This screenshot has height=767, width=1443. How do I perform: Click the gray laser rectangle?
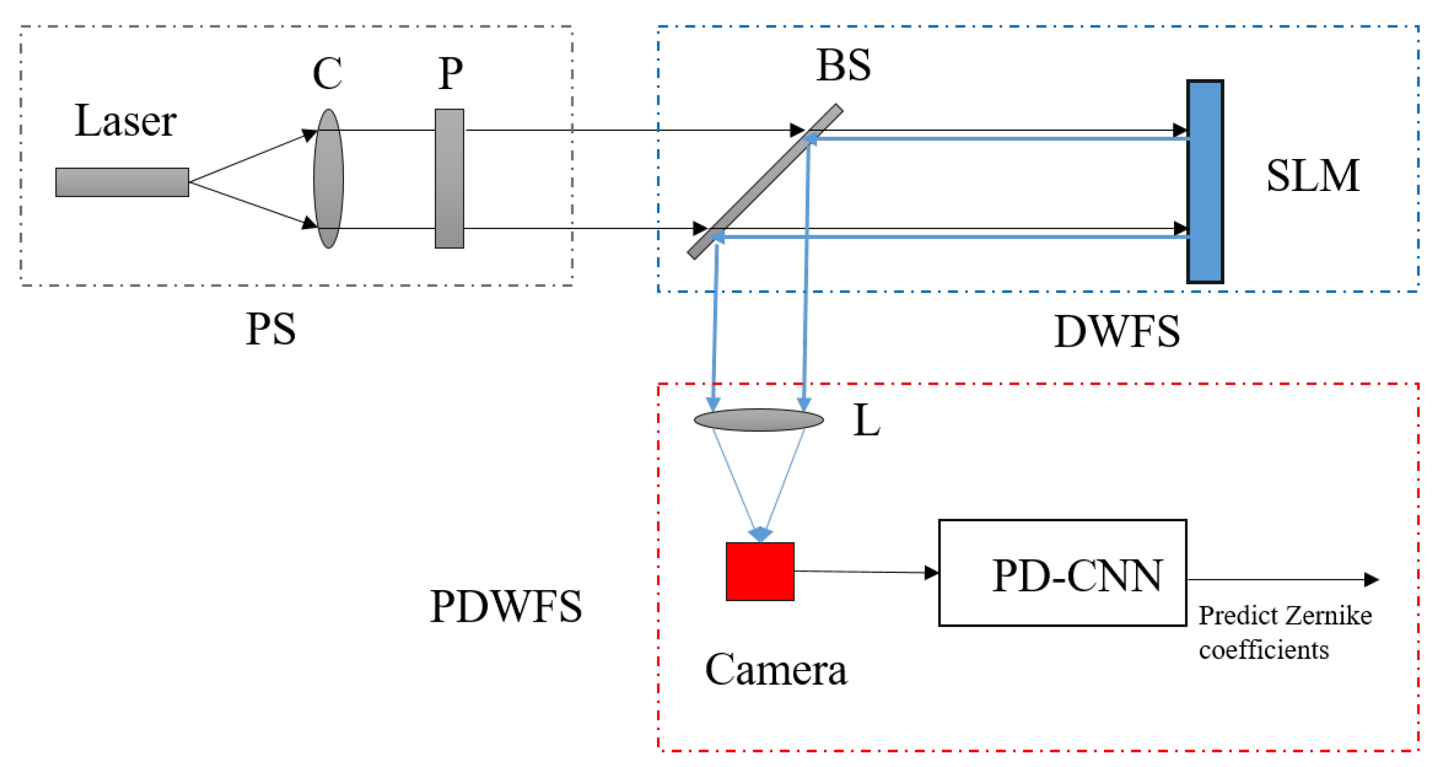122,182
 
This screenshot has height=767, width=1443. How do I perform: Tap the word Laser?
125,121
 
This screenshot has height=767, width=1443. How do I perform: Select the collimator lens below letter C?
328,178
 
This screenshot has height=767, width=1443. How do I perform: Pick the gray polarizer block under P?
449,178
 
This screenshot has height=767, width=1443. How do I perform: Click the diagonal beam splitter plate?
765,182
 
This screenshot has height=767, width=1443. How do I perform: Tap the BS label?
843,66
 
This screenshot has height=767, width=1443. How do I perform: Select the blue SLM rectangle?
1204,182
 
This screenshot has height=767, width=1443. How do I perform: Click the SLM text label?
1312,176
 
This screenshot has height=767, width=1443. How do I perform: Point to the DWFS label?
1116,331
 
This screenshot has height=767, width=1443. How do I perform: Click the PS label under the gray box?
271,329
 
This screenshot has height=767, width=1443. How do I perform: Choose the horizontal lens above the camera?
758,420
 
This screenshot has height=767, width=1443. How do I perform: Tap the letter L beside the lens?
866,420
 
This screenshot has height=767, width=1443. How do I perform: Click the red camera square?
759,572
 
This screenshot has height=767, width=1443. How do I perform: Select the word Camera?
776,669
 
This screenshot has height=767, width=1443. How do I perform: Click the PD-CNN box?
1062,573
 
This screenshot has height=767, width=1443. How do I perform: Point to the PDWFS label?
505,606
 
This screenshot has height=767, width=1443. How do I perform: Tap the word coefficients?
1263,650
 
